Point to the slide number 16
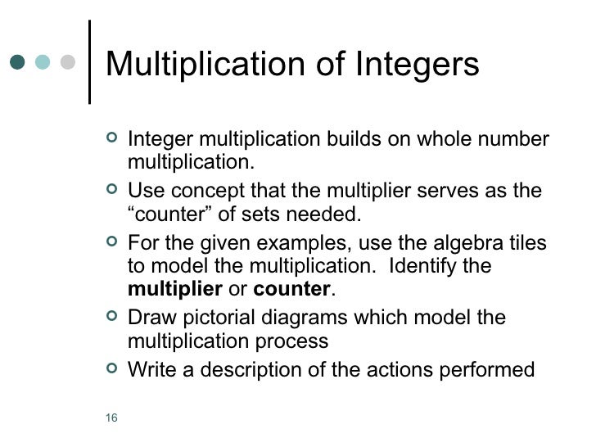(x=112, y=420)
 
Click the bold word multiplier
(x=175, y=290)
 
